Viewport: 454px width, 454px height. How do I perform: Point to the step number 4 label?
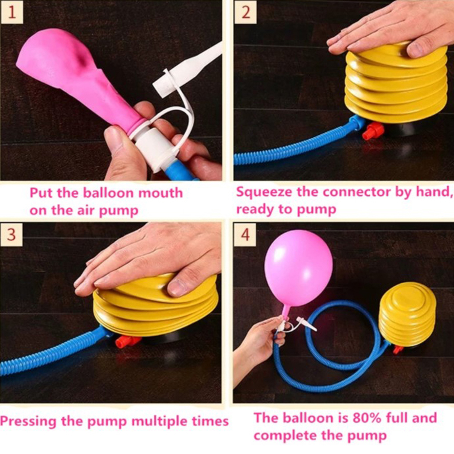pyautogui.click(x=245, y=235)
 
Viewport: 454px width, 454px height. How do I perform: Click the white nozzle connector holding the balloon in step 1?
pyautogui.click(x=151, y=148)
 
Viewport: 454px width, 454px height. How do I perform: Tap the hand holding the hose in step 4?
pyautogui.click(x=258, y=344)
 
